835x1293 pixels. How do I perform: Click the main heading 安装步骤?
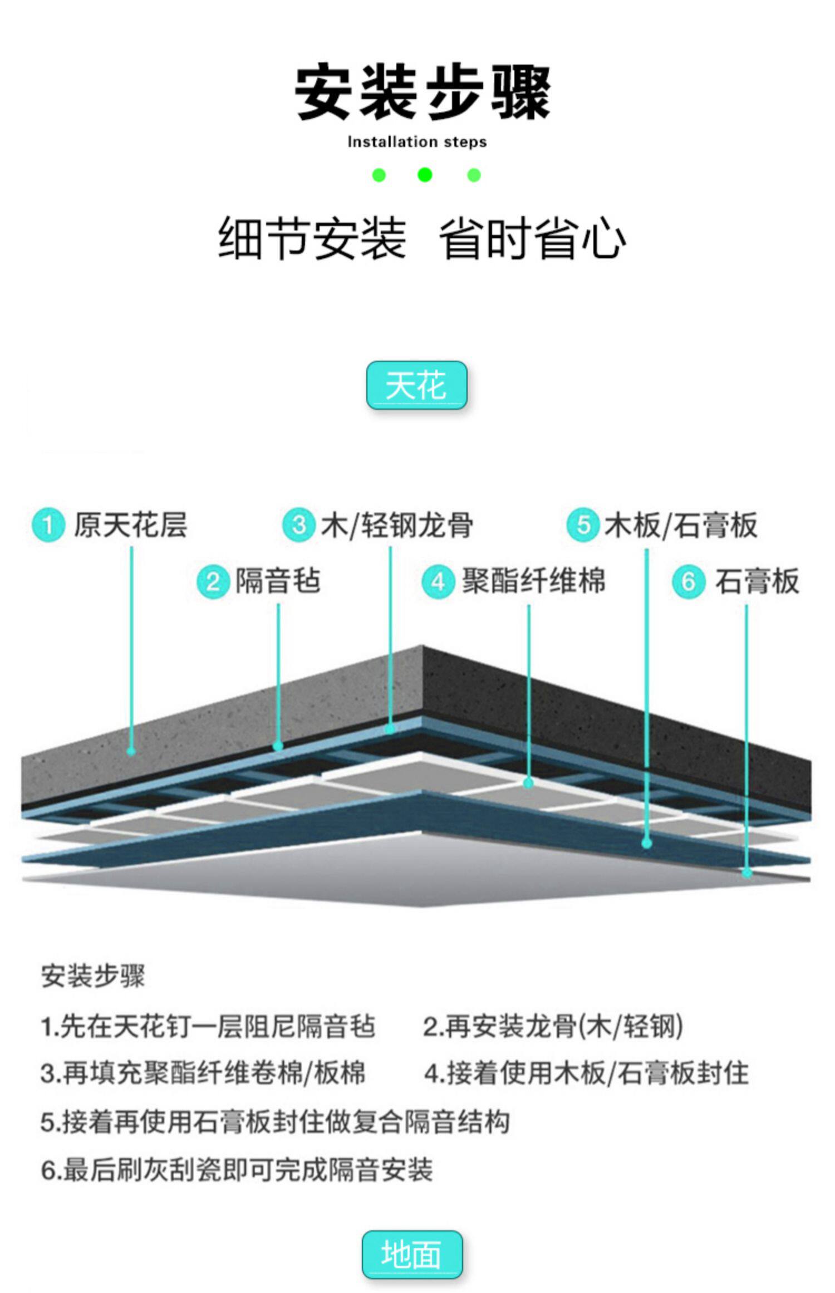tap(422, 92)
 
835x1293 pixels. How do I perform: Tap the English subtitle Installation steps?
tap(417, 142)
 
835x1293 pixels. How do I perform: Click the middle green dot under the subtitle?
tap(425, 175)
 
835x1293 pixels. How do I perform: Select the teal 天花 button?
tap(416, 385)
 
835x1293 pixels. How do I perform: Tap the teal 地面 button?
tap(412, 1254)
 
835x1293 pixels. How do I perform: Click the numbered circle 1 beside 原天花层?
tap(48, 525)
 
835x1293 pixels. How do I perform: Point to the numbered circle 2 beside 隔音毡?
tap(213, 582)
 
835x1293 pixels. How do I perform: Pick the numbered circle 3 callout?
tap(299, 525)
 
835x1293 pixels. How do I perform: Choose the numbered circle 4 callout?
tap(438, 582)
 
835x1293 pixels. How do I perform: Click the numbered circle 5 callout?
tap(583, 525)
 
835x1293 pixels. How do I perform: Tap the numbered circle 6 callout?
tap(689, 582)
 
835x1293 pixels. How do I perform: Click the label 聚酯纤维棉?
tap(533, 581)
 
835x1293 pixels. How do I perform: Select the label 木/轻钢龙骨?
tap(397, 525)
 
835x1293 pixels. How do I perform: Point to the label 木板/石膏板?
tap(681, 525)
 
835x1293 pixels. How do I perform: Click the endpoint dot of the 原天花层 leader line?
tap(131, 751)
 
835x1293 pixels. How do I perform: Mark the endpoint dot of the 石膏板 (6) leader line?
tap(747, 873)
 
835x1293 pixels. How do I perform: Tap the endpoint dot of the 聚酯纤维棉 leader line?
tap(529, 783)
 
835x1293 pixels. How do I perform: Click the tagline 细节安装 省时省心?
tap(421, 238)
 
